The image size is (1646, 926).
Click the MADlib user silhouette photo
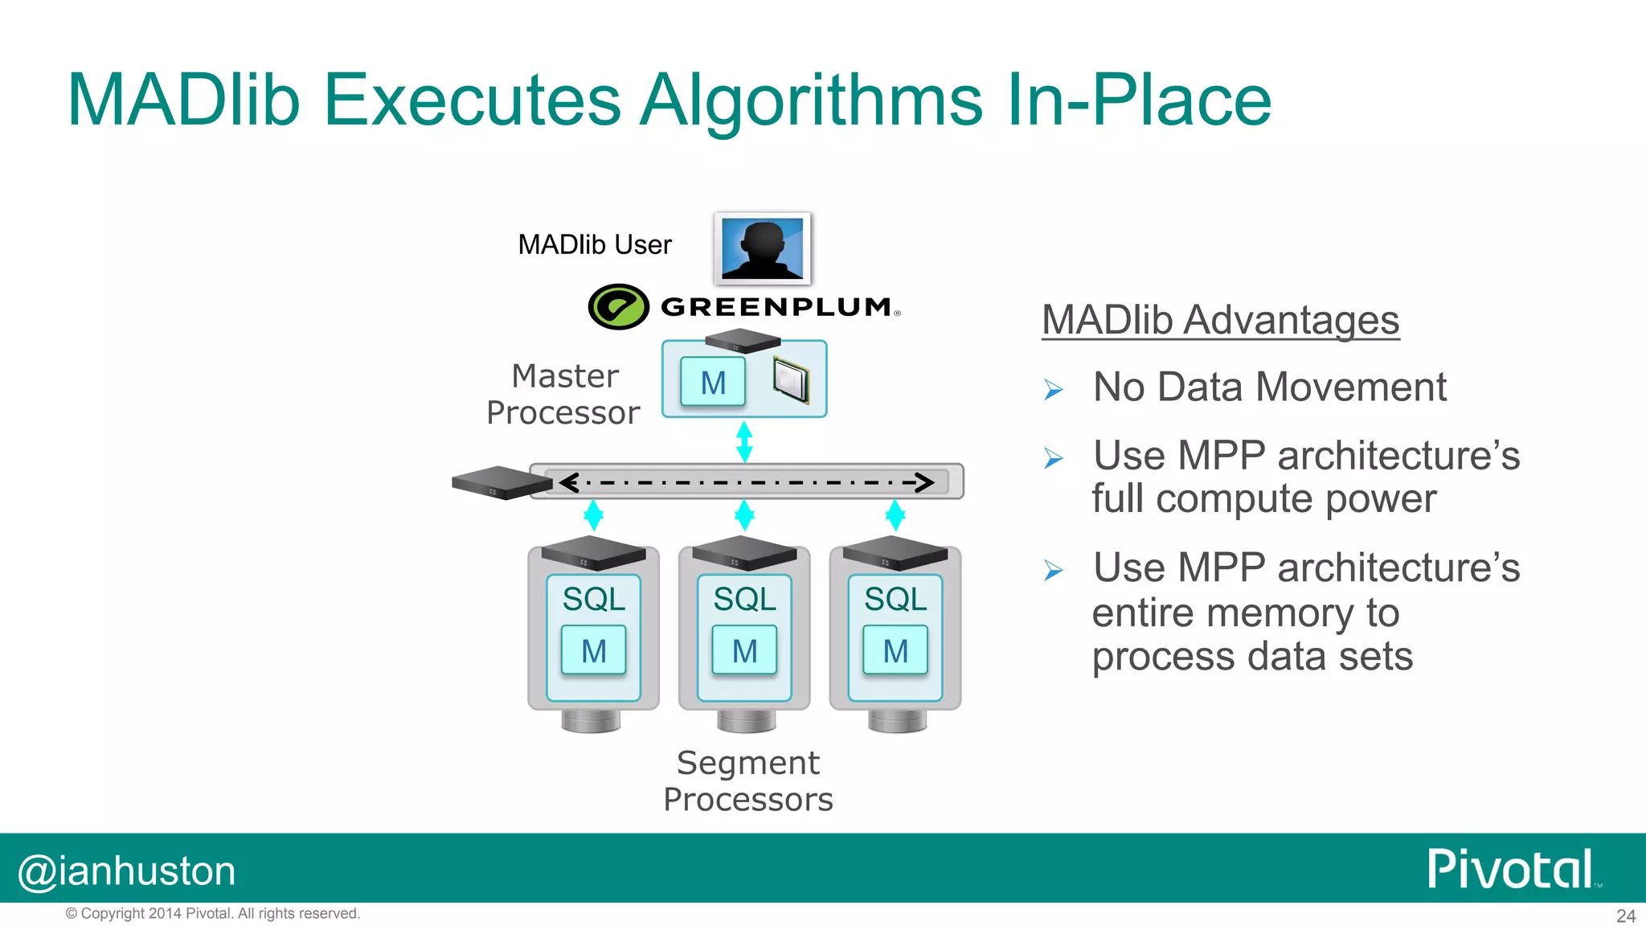762,248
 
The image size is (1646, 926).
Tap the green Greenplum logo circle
618,306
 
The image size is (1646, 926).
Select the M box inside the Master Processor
713,383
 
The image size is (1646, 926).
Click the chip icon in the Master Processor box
790,379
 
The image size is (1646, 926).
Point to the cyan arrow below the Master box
744,441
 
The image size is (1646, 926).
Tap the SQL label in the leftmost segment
593,599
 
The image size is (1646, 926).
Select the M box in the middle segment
744,650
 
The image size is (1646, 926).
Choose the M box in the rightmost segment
895,650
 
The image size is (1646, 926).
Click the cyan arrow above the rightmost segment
895,515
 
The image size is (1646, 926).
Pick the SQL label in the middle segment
744,599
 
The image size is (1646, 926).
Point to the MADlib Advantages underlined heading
1220,320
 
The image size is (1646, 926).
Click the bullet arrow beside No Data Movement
1053,391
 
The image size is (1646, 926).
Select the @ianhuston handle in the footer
127,871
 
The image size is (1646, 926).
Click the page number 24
1625,916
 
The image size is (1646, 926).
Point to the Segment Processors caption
747,781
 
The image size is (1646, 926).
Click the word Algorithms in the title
811,100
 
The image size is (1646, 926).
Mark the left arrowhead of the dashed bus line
570,482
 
